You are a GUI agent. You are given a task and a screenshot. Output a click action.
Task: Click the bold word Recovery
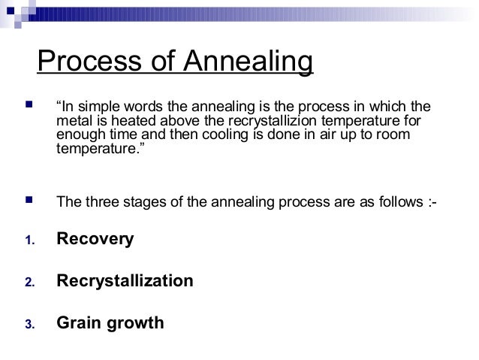click(x=95, y=240)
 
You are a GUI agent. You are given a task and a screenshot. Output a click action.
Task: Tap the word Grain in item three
click(x=77, y=324)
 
